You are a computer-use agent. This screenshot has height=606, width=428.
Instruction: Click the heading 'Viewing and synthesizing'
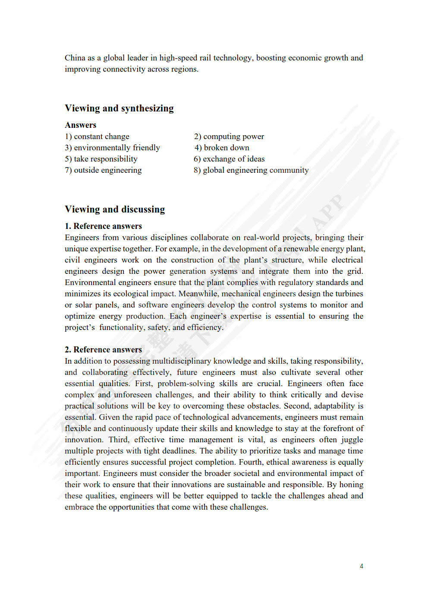[119, 108]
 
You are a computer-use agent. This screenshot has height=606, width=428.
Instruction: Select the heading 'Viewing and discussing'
[115, 209]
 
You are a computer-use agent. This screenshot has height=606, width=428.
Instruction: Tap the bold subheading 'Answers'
[81, 125]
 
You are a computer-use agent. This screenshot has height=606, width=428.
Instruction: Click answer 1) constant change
[97, 136]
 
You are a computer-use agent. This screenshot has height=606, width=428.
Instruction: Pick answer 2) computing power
[229, 136]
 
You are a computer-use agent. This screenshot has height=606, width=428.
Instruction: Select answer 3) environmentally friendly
[112, 148]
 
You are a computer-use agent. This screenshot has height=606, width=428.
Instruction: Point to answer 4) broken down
[222, 148]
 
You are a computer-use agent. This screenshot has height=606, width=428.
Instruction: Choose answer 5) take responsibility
[101, 159]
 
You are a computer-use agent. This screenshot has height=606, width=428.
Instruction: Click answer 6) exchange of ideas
[229, 159]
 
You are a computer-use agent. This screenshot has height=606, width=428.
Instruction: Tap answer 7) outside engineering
[103, 170]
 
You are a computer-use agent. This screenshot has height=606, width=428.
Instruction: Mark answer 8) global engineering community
[251, 170]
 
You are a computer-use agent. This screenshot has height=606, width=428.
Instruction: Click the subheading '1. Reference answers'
[103, 226]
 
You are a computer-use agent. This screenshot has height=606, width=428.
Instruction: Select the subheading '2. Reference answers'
[103, 350]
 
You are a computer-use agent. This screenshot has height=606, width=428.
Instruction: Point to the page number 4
[362, 566]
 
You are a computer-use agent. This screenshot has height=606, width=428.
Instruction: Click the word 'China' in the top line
[75, 58]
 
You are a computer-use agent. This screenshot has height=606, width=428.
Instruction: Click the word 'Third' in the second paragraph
[118, 440]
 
